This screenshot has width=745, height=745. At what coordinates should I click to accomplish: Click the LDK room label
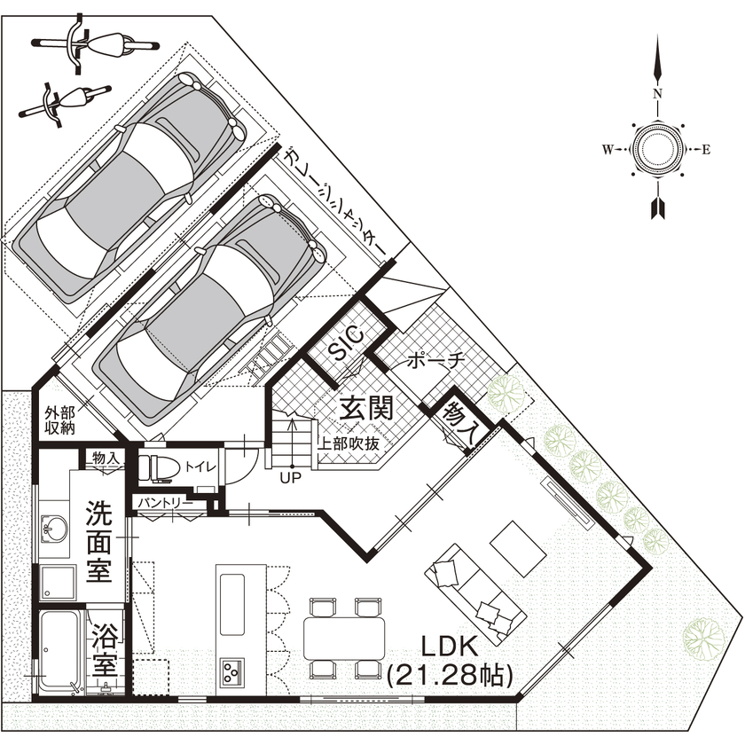pyautogui.click(x=450, y=645)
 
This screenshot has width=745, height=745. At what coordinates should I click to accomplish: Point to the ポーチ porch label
pyautogui.click(x=435, y=361)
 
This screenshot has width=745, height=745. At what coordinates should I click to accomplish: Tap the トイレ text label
pyautogui.click(x=199, y=467)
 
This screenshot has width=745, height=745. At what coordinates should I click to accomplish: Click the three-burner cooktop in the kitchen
pyautogui.click(x=233, y=671)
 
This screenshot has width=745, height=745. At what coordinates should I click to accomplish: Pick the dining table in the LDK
pyautogui.click(x=345, y=636)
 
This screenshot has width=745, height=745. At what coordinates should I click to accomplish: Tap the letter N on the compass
pyautogui.click(x=657, y=93)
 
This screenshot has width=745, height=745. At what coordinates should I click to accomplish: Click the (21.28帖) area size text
pyautogui.click(x=451, y=676)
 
